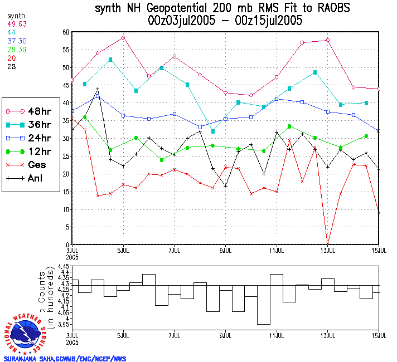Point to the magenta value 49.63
point(17,24)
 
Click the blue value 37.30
point(17,41)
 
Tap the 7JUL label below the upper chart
point(175,251)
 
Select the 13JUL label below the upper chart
point(328,251)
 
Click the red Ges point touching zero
point(328,244)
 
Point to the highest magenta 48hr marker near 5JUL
point(123,38)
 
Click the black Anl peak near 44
point(98,89)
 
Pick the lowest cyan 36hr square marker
point(213,131)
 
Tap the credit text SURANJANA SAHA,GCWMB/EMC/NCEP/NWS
point(65,359)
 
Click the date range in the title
point(225,21)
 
